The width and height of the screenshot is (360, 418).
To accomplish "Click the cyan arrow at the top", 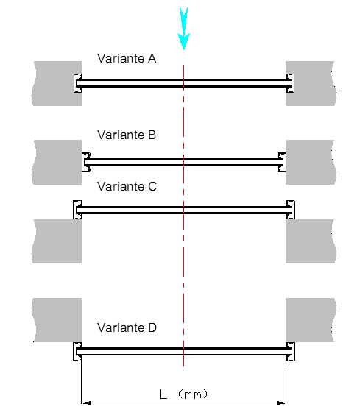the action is click(184, 29).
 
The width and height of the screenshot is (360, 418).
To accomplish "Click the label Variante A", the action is click(127, 58).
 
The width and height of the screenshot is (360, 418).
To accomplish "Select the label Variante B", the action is click(127, 135).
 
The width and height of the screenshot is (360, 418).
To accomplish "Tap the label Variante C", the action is click(127, 186).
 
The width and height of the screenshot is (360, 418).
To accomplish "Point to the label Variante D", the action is click(127, 327).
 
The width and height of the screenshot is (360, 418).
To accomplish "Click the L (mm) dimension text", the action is click(183, 394).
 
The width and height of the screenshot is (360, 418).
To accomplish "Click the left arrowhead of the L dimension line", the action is click(86, 403).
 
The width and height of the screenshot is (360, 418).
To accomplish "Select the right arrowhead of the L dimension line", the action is click(281, 403).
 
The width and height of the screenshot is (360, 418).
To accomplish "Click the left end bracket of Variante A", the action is click(77, 83).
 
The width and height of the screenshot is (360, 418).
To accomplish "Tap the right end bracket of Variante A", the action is click(290, 83).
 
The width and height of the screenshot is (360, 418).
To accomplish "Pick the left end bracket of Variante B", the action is click(86, 162).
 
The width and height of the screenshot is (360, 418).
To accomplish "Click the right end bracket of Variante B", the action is click(282, 162).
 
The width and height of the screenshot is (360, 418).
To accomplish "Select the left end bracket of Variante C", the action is click(77, 210).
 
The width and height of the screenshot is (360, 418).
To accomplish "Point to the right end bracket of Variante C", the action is click(290, 210).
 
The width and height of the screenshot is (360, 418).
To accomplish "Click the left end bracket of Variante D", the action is click(77, 352).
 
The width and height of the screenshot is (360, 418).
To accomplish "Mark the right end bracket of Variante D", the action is click(290, 352).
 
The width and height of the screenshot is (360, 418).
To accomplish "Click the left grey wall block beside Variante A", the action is click(57, 83).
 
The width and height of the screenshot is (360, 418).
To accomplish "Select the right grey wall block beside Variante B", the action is click(311, 162).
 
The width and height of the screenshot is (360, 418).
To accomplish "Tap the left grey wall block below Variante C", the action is click(57, 241).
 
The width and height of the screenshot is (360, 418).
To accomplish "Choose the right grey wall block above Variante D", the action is click(311, 320).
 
